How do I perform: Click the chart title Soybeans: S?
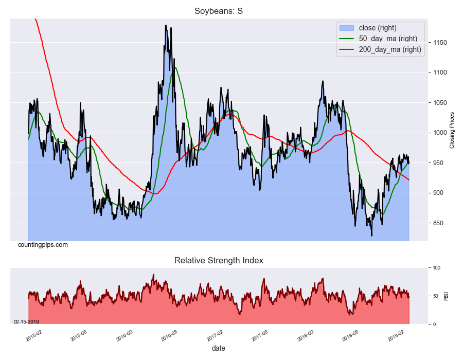click(x=219, y=11)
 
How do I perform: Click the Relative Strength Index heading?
click(x=219, y=261)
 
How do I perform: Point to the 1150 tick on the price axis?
click(x=440, y=43)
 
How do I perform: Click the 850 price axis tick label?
click(x=439, y=223)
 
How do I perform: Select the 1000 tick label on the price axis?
click(x=440, y=133)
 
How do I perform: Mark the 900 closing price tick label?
click(x=439, y=193)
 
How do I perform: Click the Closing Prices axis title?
click(x=453, y=130)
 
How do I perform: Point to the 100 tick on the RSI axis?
click(x=436, y=268)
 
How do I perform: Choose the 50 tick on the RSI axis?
click(x=435, y=296)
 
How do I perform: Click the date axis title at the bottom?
click(x=218, y=349)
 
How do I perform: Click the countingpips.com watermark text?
click(x=43, y=245)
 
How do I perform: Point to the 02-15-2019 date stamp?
click(x=26, y=321)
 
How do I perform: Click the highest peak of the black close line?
click(x=165, y=25)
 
